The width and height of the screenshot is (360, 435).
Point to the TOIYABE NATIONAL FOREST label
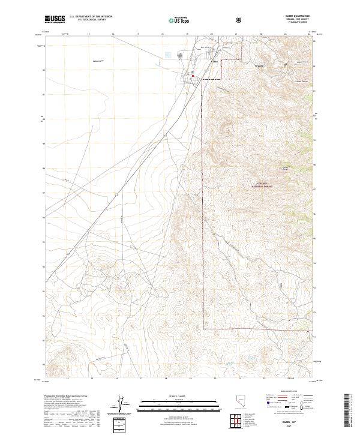click(x=265, y=185)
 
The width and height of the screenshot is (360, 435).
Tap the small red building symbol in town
click(x=192, y=74)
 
